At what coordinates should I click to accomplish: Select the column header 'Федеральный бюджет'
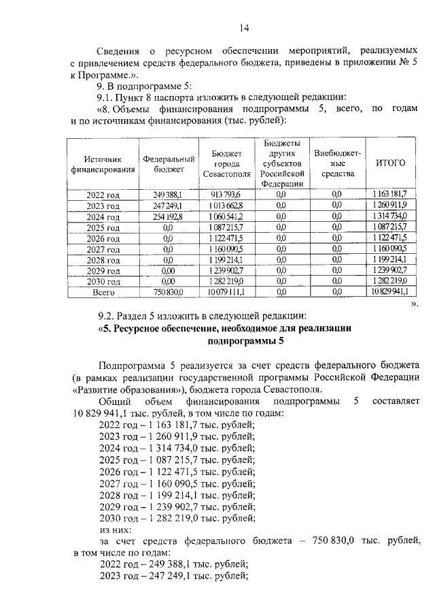pyautogui.click(x=169, y=163)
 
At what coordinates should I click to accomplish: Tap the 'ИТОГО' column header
pyautogui.click(x=390, y=163)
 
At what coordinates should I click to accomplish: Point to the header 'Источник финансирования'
pyautogui.click(x=103, y=163)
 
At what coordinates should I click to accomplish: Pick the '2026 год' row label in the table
pyautogui.click(x=103, y=238)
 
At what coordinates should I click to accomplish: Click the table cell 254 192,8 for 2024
pyautogui.click(x=169, y=216)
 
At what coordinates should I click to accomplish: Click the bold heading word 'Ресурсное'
pyautogui.click(x=144, y=329)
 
